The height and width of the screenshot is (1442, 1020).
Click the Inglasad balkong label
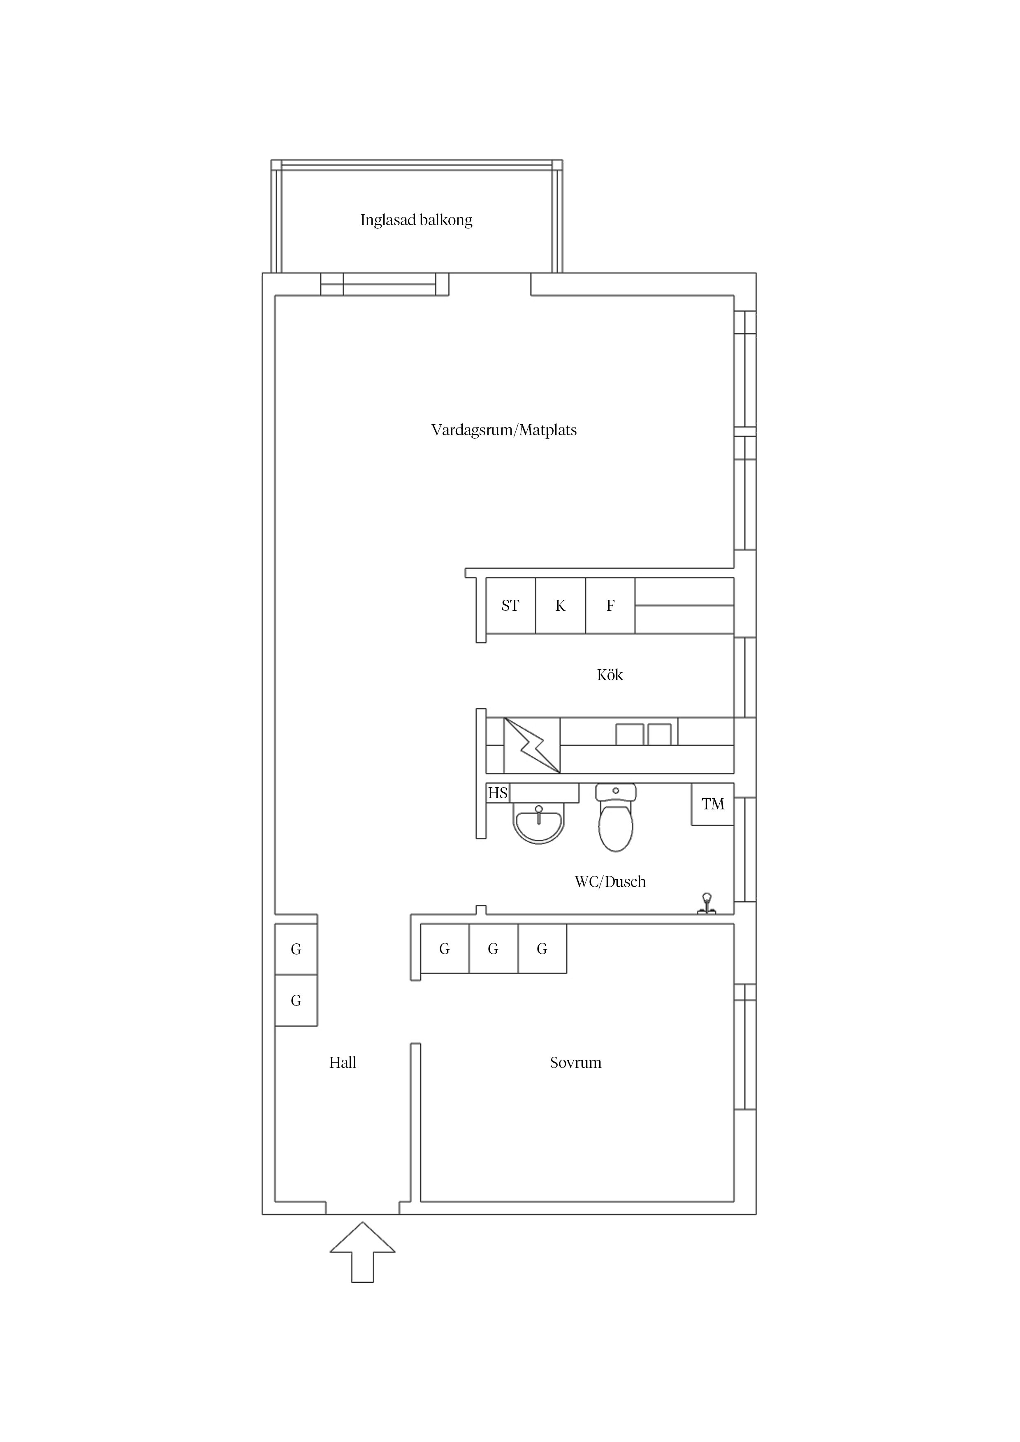pyautogui.click(x=416, y=220)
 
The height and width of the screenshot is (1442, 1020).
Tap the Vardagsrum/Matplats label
pyautogui.click(x=504, y=430)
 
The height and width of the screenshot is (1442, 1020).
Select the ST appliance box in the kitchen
pyautogui.click(x=510, y=605)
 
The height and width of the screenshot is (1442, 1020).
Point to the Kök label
pyautogui.click(x=610, y=675)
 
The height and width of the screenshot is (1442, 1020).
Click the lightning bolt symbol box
pyautogui.click(x=532, y=746)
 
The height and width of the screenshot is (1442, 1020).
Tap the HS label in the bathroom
pyautogui.click(x=498, y=793)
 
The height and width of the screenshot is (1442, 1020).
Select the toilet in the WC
pyautogui.click(x=616, y=817)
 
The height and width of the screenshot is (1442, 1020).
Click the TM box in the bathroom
pyautogui.click(x=713, y=804)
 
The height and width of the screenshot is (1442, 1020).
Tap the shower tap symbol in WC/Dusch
pyautogui.click(x=707, y=903)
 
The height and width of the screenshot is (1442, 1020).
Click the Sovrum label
pyautogui.click(x=576, y=1063)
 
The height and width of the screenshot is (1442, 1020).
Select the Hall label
pyautogui.click(x=343, y=1063)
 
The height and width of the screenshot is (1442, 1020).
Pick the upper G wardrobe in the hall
pyautogui.click(x=296, y=949)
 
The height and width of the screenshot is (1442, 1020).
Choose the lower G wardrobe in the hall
pyautogui.click(x=296, y=1001)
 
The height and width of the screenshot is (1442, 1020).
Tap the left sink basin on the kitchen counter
pyautogui.click(x=629, y=734)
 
